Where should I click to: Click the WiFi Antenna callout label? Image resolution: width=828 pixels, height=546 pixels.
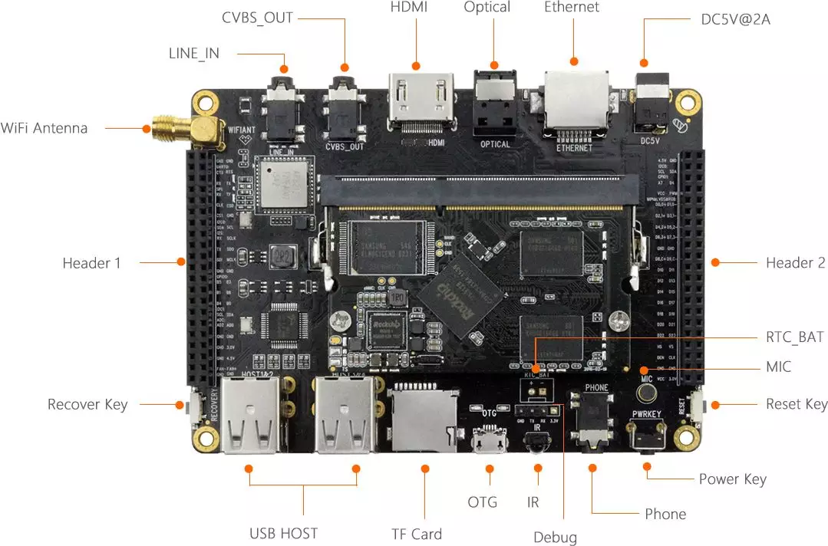pos(45,128)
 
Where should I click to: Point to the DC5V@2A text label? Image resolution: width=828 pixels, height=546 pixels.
pos(735,19)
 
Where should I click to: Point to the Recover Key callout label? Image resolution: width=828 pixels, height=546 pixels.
pos(87,404)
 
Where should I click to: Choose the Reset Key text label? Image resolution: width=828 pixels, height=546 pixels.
pos(797,404)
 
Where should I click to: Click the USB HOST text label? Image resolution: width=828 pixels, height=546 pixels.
pos(283,534)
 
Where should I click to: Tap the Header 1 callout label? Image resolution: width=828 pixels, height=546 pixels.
pos(92,263)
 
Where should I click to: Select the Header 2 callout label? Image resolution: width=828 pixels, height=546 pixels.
pos(795,263)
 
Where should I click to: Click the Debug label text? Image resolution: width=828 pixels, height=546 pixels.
pos(555,537)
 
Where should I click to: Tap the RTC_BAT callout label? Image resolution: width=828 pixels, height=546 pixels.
pos(795,337)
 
